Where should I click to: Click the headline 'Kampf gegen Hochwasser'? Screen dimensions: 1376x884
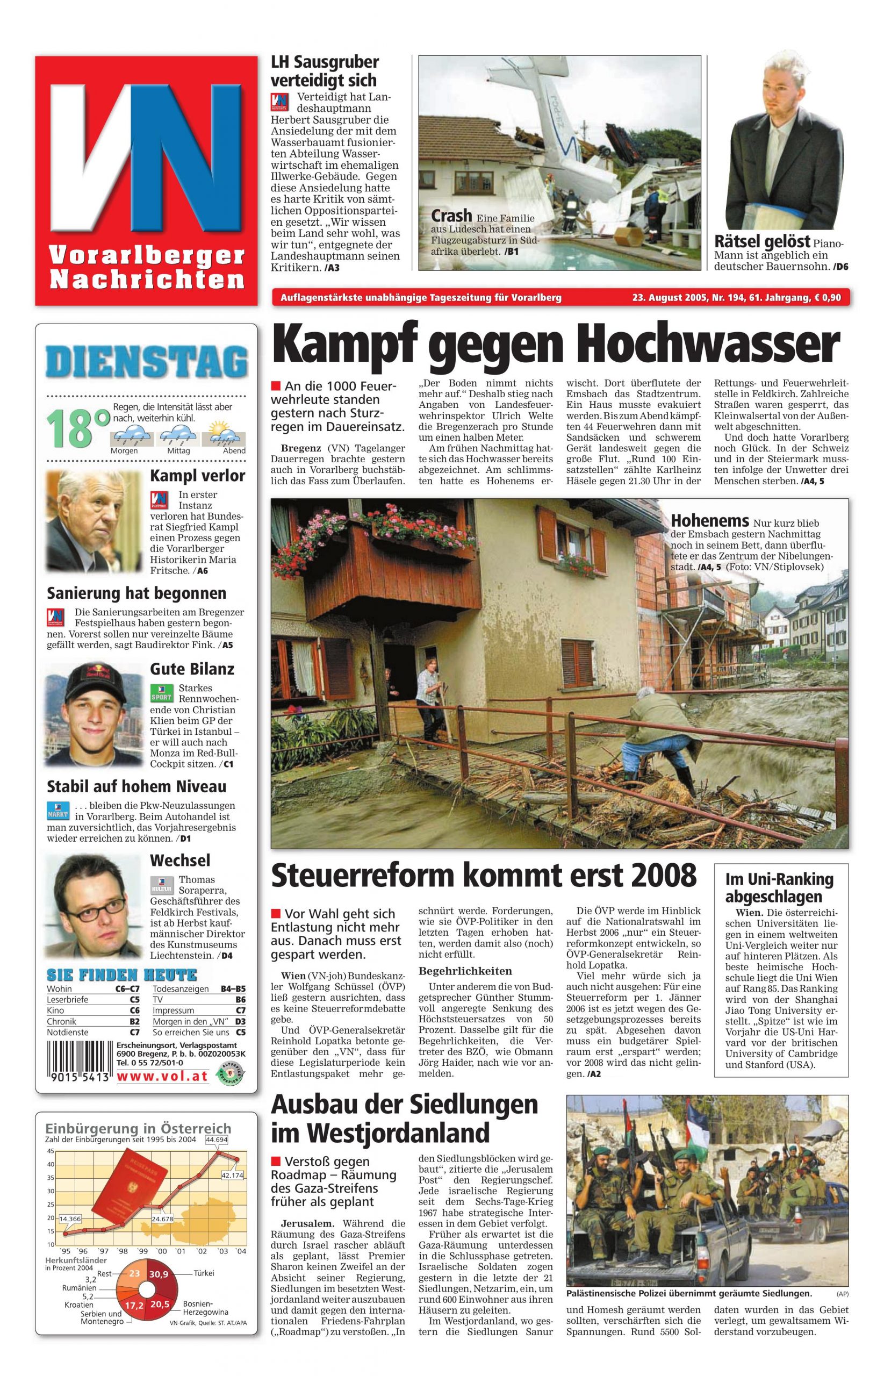[x=555, y=345]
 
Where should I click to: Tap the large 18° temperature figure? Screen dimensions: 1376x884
[x=77, y=428]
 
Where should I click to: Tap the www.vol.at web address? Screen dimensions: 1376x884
[x=162, y=1077]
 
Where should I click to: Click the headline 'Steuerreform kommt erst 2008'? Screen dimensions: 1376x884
[x=483, y=876]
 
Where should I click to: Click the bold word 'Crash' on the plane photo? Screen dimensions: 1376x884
[x=451, y=217]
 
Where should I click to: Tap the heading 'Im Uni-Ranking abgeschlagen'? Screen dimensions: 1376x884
[x=779, y=887]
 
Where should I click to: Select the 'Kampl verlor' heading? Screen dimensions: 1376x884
[x=197, y=476]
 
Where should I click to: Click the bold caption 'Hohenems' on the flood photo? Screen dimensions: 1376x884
[x=709, y=521]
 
